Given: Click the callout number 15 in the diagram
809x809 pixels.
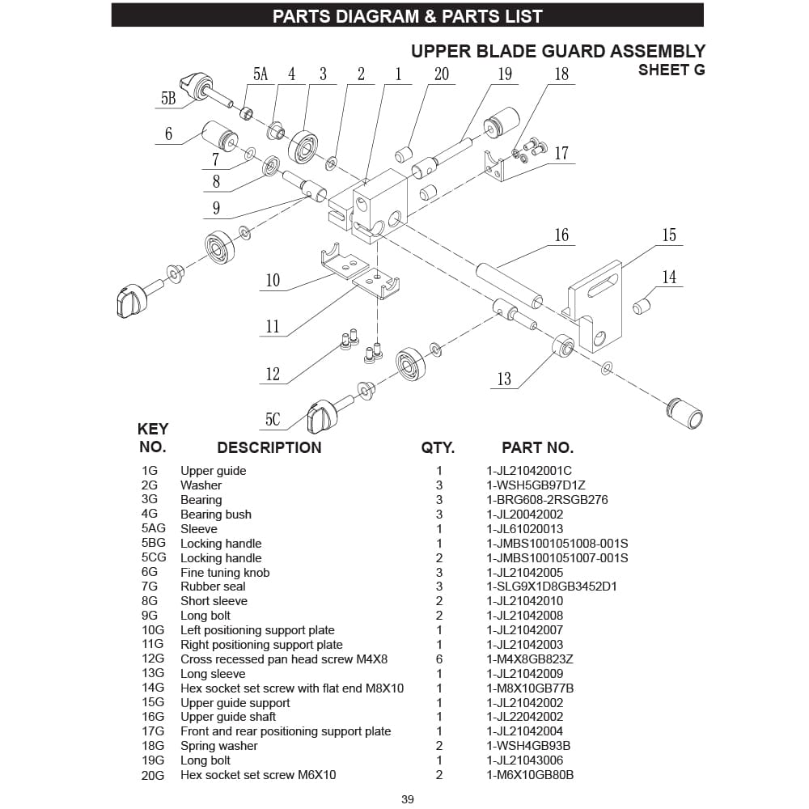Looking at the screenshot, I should coord(668,235).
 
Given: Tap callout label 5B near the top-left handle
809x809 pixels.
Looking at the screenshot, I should coord(168,99).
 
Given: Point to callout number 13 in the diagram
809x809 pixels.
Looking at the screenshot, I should coord(504,379).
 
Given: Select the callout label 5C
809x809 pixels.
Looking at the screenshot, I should coord(273,419).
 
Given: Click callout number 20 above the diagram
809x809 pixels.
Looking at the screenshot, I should coord(441,74).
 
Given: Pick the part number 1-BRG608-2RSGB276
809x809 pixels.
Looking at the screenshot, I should coord(547,500).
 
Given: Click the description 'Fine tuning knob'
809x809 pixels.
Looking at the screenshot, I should coord(225,573).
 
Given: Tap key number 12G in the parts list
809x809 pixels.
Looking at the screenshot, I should coord(152,659).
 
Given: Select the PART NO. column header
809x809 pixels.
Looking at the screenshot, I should coord(537,447).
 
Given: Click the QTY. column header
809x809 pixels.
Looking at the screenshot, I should coord(438,447).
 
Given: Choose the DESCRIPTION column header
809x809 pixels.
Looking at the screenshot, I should coord(269,447).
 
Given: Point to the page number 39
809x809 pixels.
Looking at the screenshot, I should coord(408,799).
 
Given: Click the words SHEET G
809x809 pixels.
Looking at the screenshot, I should coord(671,70).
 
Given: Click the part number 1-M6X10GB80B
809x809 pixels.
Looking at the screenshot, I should coord(530,775).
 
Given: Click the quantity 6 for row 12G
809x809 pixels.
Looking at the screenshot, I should coord(439,659).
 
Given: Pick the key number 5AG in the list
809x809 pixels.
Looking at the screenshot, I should coord(153,529).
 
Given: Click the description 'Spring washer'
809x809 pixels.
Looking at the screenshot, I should coord(219,746).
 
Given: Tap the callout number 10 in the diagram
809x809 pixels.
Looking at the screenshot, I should coord(273,280).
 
